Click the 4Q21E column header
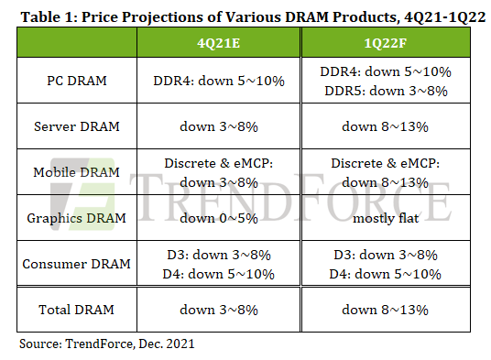click(219, 43)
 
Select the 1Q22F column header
click(385, 43)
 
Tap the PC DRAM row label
click(77, 81)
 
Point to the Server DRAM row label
click(77, 126)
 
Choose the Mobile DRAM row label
click(77, 172)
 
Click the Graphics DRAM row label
click(77, 218)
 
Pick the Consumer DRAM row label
click(77, 264)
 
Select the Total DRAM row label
click(77, 310)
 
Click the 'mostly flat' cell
click(386, 218)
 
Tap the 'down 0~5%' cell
click(219, 218)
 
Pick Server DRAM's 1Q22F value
click(385, 126)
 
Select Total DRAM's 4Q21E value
click(219, 310)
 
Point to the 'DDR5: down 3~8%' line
click(386, 91)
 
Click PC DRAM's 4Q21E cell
click(219, 81)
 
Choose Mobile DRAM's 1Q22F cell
click(385, 173)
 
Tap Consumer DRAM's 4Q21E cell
click(219, 265)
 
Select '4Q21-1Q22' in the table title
click(444, 16)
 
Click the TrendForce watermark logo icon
click(83, 194)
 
